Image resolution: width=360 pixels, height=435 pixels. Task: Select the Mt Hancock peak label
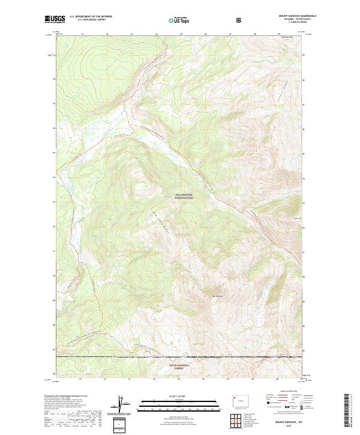tap(217, 295)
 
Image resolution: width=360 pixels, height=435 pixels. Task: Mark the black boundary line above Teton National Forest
tap(180, 358)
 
